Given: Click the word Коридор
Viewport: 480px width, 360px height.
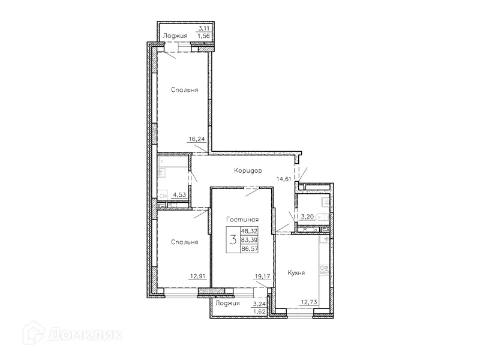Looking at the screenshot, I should click(x=248, y=171).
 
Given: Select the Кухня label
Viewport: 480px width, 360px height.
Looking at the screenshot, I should click(x=296, y=272).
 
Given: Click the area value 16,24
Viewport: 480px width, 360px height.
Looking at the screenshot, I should click(x=197, y=139).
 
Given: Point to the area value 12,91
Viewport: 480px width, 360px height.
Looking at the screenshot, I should click(x=197, y=276).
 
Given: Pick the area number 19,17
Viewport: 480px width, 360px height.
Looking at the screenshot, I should click(x=261, y=277).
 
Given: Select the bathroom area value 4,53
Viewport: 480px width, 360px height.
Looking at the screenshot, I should click(x=179, y=194).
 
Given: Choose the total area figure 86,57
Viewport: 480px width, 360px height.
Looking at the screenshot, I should click(x=250, y=248).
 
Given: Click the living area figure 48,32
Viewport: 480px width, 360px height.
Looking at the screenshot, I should click(x=250, y=230).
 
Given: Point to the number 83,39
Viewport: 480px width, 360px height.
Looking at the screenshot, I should click(x=250, y=239).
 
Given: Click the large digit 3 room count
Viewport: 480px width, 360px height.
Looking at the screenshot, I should click(x=232, y=239).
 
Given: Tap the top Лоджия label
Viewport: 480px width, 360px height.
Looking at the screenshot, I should click(x=175, y=36).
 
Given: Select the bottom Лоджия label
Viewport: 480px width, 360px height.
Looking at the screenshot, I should click(x=227, y=304).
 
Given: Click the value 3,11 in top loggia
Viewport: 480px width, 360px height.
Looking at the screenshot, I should click(x=205, y=28).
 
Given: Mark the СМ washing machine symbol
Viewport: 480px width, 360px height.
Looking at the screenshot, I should click(x=162, y=195).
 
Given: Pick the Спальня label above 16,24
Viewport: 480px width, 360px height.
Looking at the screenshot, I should click(x=184, y=90).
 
